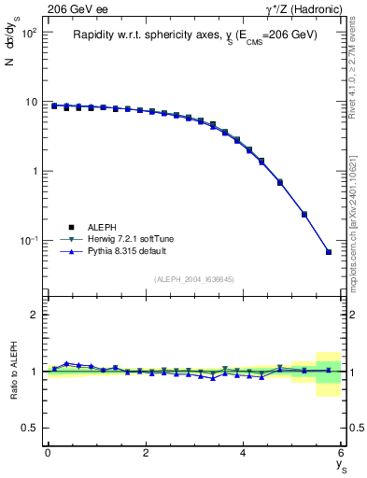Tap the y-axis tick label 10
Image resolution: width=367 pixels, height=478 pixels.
[31, 102]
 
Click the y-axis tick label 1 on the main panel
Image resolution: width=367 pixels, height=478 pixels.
[35, 172]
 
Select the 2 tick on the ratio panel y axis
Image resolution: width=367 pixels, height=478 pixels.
[35, 315]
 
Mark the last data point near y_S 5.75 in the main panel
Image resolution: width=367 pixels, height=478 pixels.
[329, 251]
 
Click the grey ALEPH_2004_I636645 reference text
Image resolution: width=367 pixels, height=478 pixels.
[194, 279]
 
